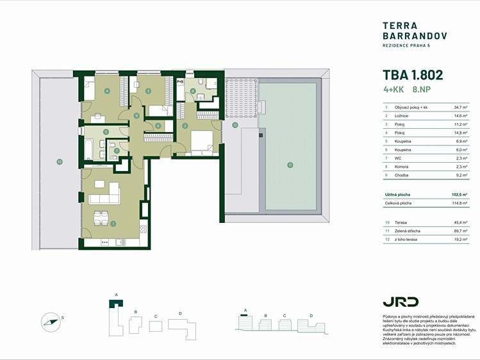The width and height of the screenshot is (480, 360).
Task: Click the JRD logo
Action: [401, 302]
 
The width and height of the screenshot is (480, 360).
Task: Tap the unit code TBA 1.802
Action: [413, 75]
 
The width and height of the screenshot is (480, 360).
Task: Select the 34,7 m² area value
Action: [461, 108]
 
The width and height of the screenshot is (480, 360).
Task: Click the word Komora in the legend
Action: [401, 167]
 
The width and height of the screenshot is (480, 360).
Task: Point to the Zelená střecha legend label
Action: [408, 231]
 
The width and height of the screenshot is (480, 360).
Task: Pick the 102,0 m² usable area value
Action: [459, 195]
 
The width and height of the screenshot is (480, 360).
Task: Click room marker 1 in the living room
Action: [113, 224]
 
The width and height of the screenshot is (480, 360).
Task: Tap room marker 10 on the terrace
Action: [60, 162]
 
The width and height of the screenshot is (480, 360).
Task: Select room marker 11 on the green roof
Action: [290, 165]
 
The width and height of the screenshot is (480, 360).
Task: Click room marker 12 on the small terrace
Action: [235, 125]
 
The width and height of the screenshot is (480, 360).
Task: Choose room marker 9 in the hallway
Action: [137, 115]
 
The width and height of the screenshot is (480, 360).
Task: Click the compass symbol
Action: [51, 322]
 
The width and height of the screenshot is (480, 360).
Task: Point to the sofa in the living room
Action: [104, 193]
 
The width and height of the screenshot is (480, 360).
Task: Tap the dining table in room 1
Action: [101, 218]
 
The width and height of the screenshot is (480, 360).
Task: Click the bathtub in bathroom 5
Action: [88, 149]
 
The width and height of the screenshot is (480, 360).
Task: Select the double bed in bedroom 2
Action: [201, 142]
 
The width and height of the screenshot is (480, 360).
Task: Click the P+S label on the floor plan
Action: [180, 81]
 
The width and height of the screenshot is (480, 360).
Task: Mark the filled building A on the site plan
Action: [116, 303]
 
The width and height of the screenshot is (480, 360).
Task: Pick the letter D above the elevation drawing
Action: [311, 316]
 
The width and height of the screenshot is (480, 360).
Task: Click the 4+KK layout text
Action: [393, 90]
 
